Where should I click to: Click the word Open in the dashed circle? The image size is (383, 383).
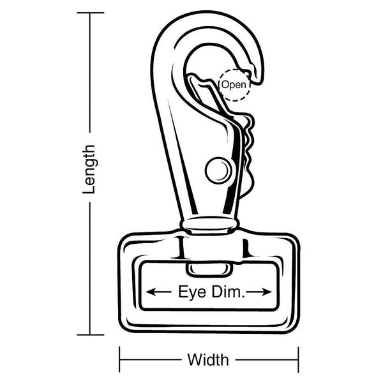tap(234, 85)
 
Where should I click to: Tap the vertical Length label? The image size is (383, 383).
tap(89, 170)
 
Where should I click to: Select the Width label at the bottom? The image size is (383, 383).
tap(208, 359)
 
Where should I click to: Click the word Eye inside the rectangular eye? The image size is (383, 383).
tap(192, 292)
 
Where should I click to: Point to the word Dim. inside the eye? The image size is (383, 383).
tap(228, 292)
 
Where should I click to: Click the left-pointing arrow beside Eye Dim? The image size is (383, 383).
tap(158, 292)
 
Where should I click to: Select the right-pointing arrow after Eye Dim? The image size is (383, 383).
tap(259, 292)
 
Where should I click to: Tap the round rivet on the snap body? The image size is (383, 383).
tap(218, 170)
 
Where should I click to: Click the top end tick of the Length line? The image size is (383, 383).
tap(91, 13)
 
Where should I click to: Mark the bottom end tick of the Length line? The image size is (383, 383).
tap(91, 335)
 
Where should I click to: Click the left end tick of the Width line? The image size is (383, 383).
tap(119, 359)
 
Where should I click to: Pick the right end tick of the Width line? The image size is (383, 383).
tap(298, 359)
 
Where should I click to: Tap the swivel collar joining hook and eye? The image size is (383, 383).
tap(209, 225)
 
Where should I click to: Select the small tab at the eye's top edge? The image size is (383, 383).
tap(209, 269)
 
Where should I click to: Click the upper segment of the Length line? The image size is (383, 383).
tap(90, 73)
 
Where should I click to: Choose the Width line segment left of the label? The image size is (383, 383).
tap(151, 359)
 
